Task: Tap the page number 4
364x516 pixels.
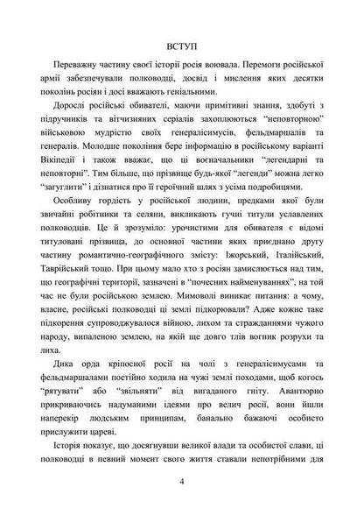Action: (182, 481)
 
